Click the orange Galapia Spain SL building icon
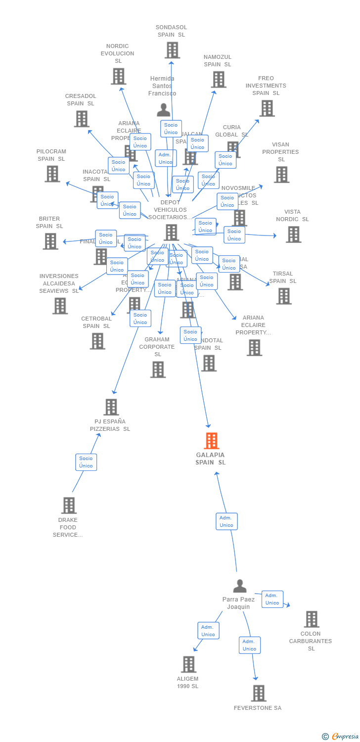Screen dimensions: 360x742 [212, 440]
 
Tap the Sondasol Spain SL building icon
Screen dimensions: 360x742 [172, 50]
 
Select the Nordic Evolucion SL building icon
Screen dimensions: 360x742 [118, 76]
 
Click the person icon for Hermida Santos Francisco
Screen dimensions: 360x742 [164, 109]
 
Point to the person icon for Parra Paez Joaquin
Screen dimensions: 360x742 [240, 586]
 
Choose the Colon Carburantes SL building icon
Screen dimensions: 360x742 [312, 619]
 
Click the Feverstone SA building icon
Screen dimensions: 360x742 [258, 693]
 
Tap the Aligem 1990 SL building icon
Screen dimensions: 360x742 [189, 664]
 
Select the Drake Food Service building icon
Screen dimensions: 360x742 [69, 505]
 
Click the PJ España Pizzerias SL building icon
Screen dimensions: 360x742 [111, 407]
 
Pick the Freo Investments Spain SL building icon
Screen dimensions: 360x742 [267, 108]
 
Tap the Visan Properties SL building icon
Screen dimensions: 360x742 [281, 174]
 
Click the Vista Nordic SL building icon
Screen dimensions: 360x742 [293, 234]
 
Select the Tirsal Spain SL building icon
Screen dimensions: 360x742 [284, 296]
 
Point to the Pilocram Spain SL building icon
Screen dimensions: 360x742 [52, 174]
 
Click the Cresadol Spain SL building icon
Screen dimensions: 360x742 [82, 119]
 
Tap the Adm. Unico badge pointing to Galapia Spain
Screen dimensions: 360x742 [226, 521]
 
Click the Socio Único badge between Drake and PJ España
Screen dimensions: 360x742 [86, 462]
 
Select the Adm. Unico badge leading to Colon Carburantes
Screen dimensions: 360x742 [272, 599]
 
